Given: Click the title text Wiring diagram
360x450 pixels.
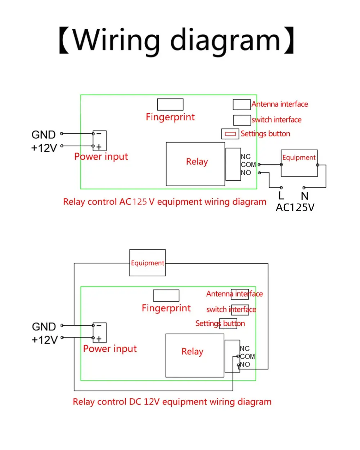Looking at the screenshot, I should point(176,40).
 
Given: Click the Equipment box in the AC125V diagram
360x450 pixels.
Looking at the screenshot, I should point(299,163).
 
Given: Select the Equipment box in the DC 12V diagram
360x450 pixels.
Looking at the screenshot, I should point(148,263).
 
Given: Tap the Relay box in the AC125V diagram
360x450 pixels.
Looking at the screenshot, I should point(195,164).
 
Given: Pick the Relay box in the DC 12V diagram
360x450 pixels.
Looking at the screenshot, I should point(195,355).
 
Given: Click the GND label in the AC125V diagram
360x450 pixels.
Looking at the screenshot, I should point(44,135).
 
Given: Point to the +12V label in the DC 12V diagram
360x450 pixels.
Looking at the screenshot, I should point(45,340).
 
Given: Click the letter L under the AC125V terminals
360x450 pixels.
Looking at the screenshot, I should point(281,196).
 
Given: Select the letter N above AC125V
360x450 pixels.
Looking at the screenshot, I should point(305,196).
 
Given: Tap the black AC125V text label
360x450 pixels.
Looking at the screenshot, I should point(295,208).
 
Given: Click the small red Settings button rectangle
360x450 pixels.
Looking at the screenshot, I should point(230,134).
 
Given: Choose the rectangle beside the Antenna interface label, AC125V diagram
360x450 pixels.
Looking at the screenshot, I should point(242,104).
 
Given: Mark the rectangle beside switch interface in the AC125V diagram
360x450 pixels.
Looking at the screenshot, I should point(242,120).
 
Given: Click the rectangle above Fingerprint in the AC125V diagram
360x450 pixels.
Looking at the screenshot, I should point(170,104).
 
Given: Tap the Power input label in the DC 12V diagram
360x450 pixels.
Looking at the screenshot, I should point(110,349).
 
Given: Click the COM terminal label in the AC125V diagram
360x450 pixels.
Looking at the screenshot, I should point(248,165).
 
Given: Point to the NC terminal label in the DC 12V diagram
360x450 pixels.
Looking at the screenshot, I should point(245,348).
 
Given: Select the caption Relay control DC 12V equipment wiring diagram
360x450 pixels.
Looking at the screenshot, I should point(172,402).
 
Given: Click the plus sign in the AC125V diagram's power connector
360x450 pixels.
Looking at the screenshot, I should point(99,147).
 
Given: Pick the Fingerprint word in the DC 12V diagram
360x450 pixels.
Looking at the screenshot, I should point(166,308).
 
